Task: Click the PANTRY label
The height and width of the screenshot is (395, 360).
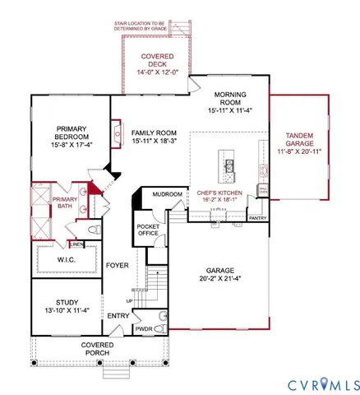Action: [257, 218]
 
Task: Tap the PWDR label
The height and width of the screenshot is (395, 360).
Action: [145, 329]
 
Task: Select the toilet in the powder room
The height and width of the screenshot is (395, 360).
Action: [162, 329]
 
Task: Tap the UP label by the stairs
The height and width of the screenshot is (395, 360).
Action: [128, 300]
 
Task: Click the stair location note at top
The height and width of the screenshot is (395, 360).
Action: [156, 27]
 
